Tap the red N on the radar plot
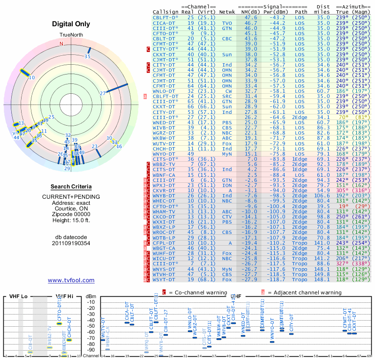tap(61, 44)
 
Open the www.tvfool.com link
tap(71, 280)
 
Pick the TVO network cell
tap(227, 22)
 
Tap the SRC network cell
tap(227, 96)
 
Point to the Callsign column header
tap(165, 11)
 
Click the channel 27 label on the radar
tap(103, 93)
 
